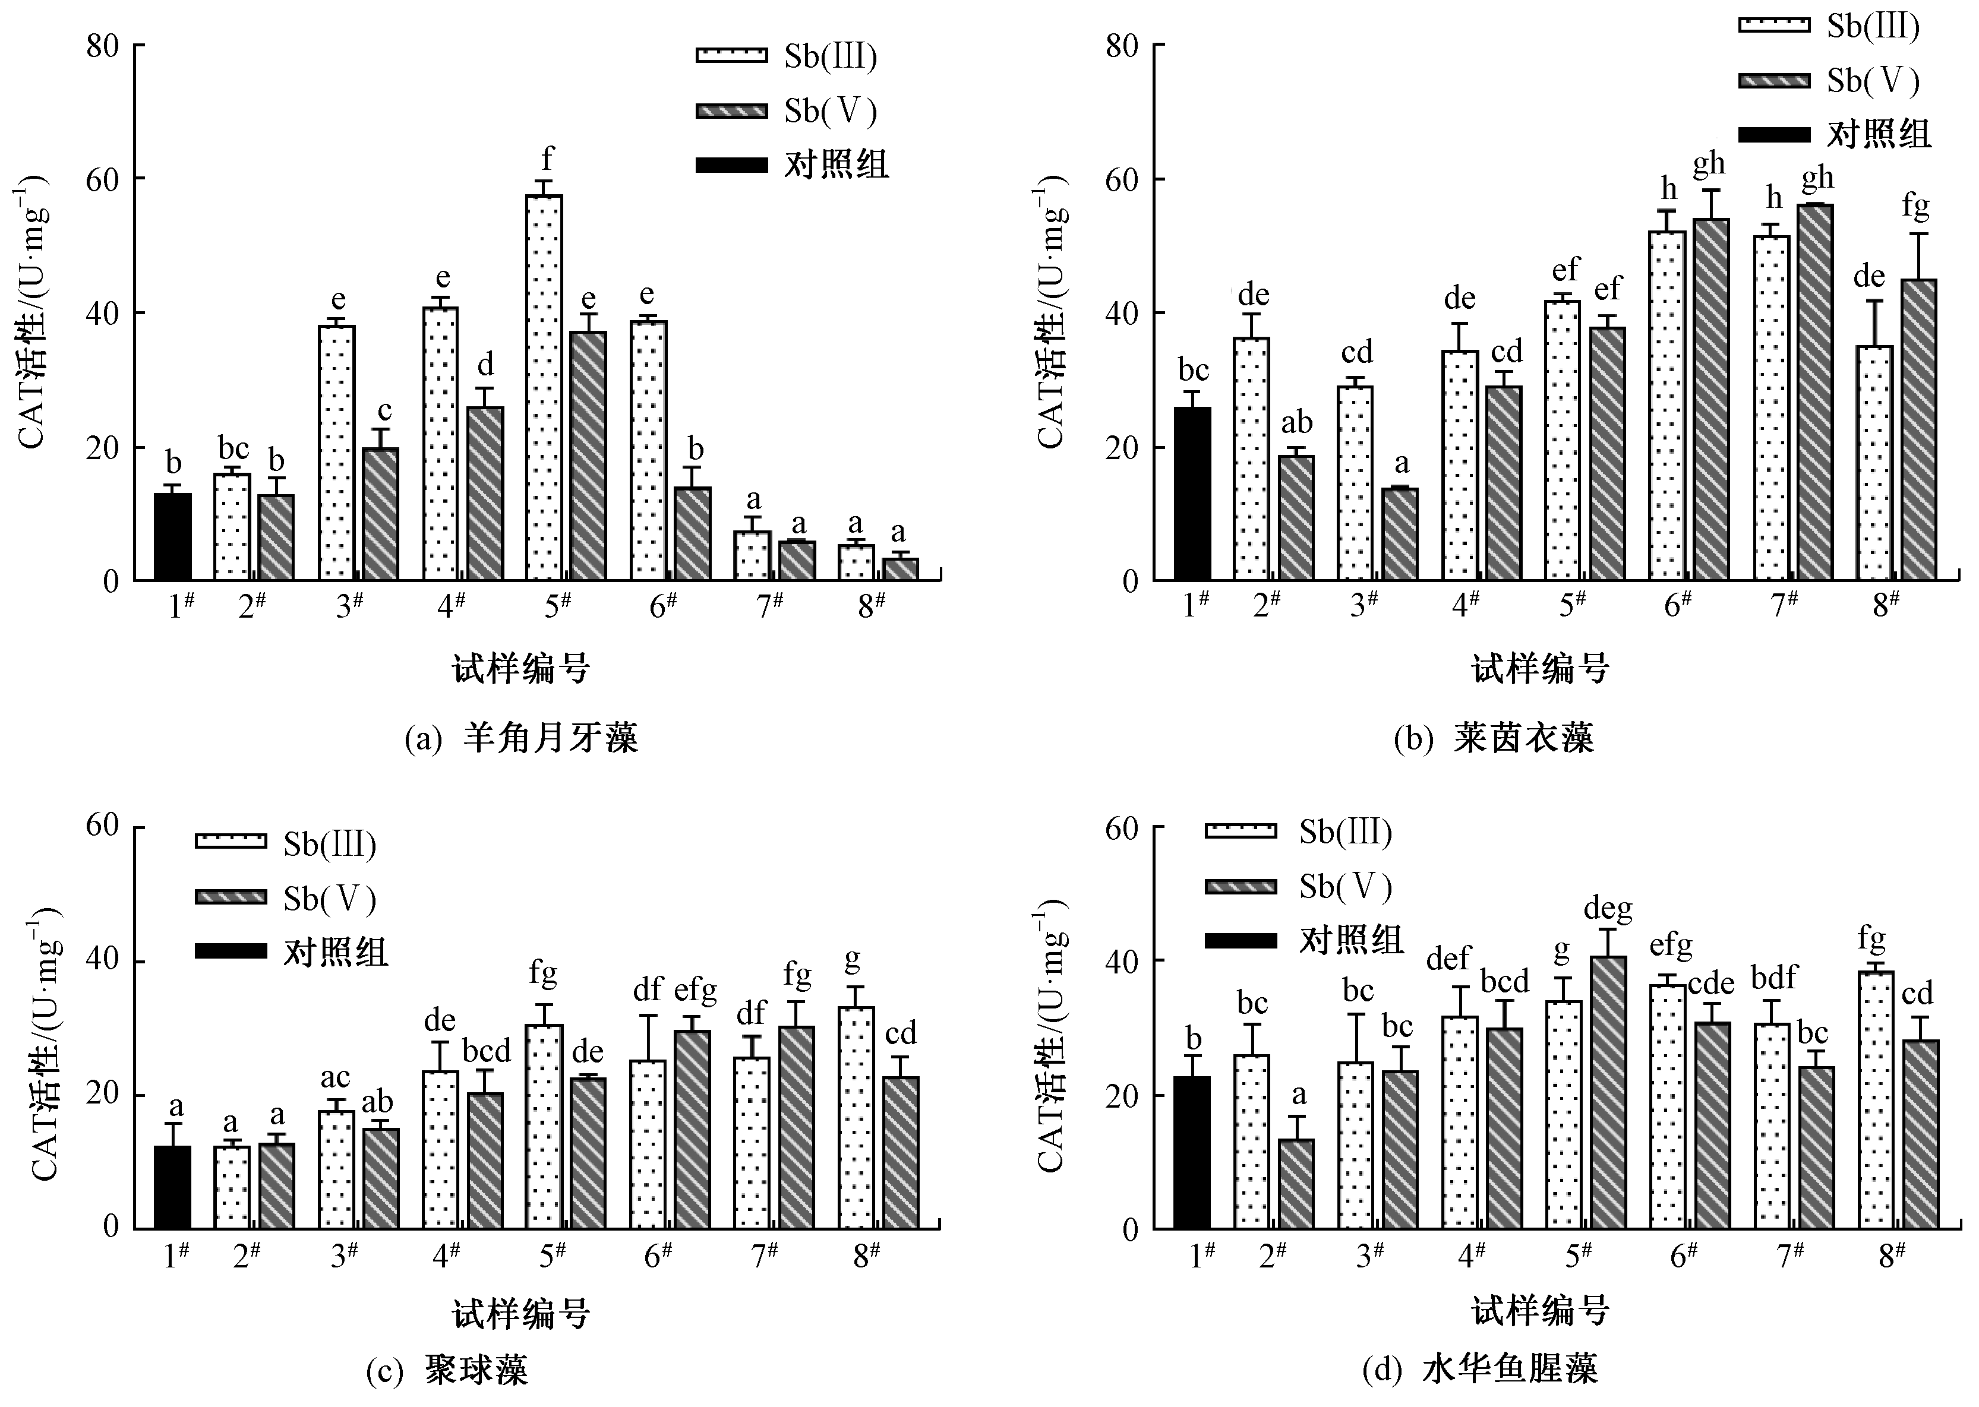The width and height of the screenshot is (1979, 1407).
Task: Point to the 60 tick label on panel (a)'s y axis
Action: coord(102,179)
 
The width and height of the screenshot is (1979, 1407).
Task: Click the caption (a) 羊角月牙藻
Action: coord(522,739)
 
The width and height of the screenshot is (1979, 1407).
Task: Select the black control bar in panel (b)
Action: coord(1192,494)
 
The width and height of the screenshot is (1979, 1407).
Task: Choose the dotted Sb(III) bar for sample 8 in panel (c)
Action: coord(856,1118)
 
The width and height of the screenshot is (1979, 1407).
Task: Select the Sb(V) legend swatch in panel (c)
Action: coord(231,897)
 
